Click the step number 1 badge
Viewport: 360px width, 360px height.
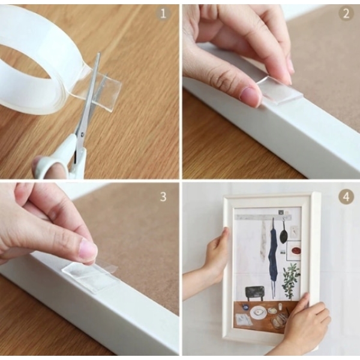coord(163,13)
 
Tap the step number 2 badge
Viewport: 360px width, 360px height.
coord(346,13)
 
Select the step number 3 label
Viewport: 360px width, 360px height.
coord(163,197)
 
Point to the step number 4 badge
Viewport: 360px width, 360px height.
coord(346,197)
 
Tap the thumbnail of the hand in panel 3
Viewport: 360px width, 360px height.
coord(88,250)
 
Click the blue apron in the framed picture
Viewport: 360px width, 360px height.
coord(273,255)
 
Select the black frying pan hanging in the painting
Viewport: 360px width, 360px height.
coord(283,234)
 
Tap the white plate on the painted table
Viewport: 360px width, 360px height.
coord(258,313)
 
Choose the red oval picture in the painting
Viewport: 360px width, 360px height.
coord(295,250)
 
